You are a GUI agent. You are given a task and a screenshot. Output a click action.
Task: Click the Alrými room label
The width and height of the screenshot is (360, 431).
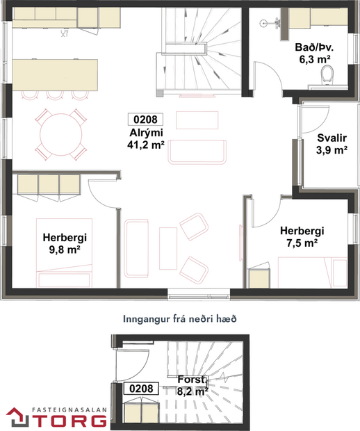click(146, 133)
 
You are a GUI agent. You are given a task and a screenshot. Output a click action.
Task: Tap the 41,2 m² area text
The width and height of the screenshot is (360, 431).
click(146, 145)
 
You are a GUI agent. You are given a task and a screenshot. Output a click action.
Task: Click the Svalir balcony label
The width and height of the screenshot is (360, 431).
click(332, 137)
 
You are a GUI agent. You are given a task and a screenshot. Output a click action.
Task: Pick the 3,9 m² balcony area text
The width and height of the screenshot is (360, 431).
click(332, 149)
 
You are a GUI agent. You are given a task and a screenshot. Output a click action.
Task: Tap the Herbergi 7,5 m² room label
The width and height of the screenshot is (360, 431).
click(302, 231)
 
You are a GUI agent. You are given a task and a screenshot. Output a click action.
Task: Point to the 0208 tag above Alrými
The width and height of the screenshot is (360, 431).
click(146, 119)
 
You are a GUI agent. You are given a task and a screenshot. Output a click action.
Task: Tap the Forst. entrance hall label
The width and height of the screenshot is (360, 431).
click(190, 380)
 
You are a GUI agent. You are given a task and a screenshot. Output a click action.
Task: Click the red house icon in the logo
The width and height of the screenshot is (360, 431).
click(16, 417)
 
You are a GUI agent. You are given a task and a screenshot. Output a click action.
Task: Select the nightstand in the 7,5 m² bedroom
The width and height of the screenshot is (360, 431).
click(259, 277)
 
